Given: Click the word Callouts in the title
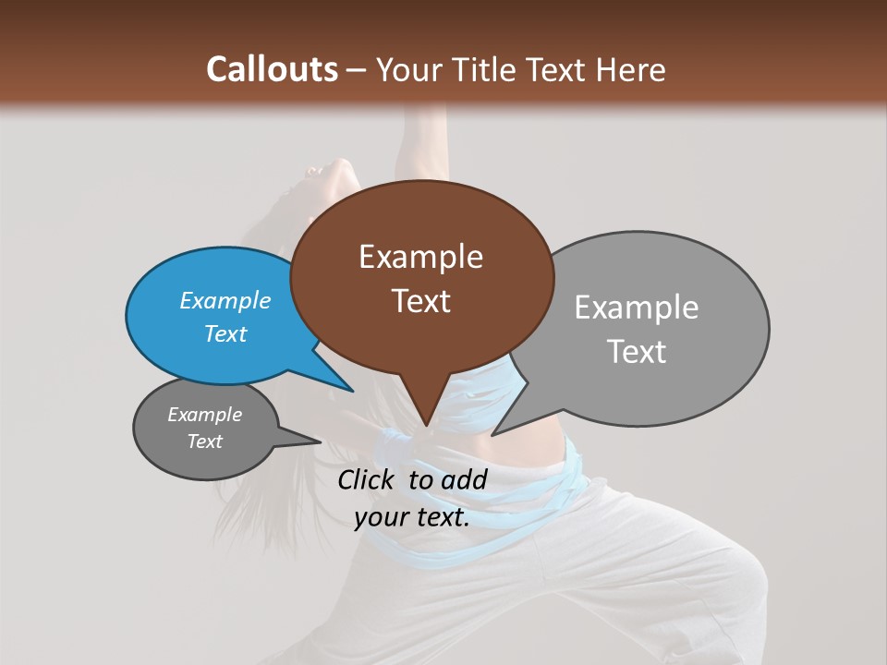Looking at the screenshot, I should [x=272, y=69].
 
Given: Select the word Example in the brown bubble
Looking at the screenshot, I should [x=420, y=257].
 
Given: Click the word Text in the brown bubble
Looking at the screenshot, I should [x=420, y=301].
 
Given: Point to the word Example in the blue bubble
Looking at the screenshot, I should [x=225, y=300].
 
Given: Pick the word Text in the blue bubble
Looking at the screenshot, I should [x=225, y=333].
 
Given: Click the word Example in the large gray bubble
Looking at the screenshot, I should [x=637, y=308].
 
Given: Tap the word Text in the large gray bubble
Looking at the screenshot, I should [x=637, y=352].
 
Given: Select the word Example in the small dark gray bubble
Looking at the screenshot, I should [x=205, y=415].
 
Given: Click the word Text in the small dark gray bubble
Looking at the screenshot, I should [x=205, y=441].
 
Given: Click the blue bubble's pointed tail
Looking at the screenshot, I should [x=349, y=389].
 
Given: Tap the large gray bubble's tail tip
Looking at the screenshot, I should [x=494, y=433].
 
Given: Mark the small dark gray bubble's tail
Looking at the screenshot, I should [x=314, y=441].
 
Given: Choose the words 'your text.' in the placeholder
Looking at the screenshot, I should [x=412, y=517].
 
